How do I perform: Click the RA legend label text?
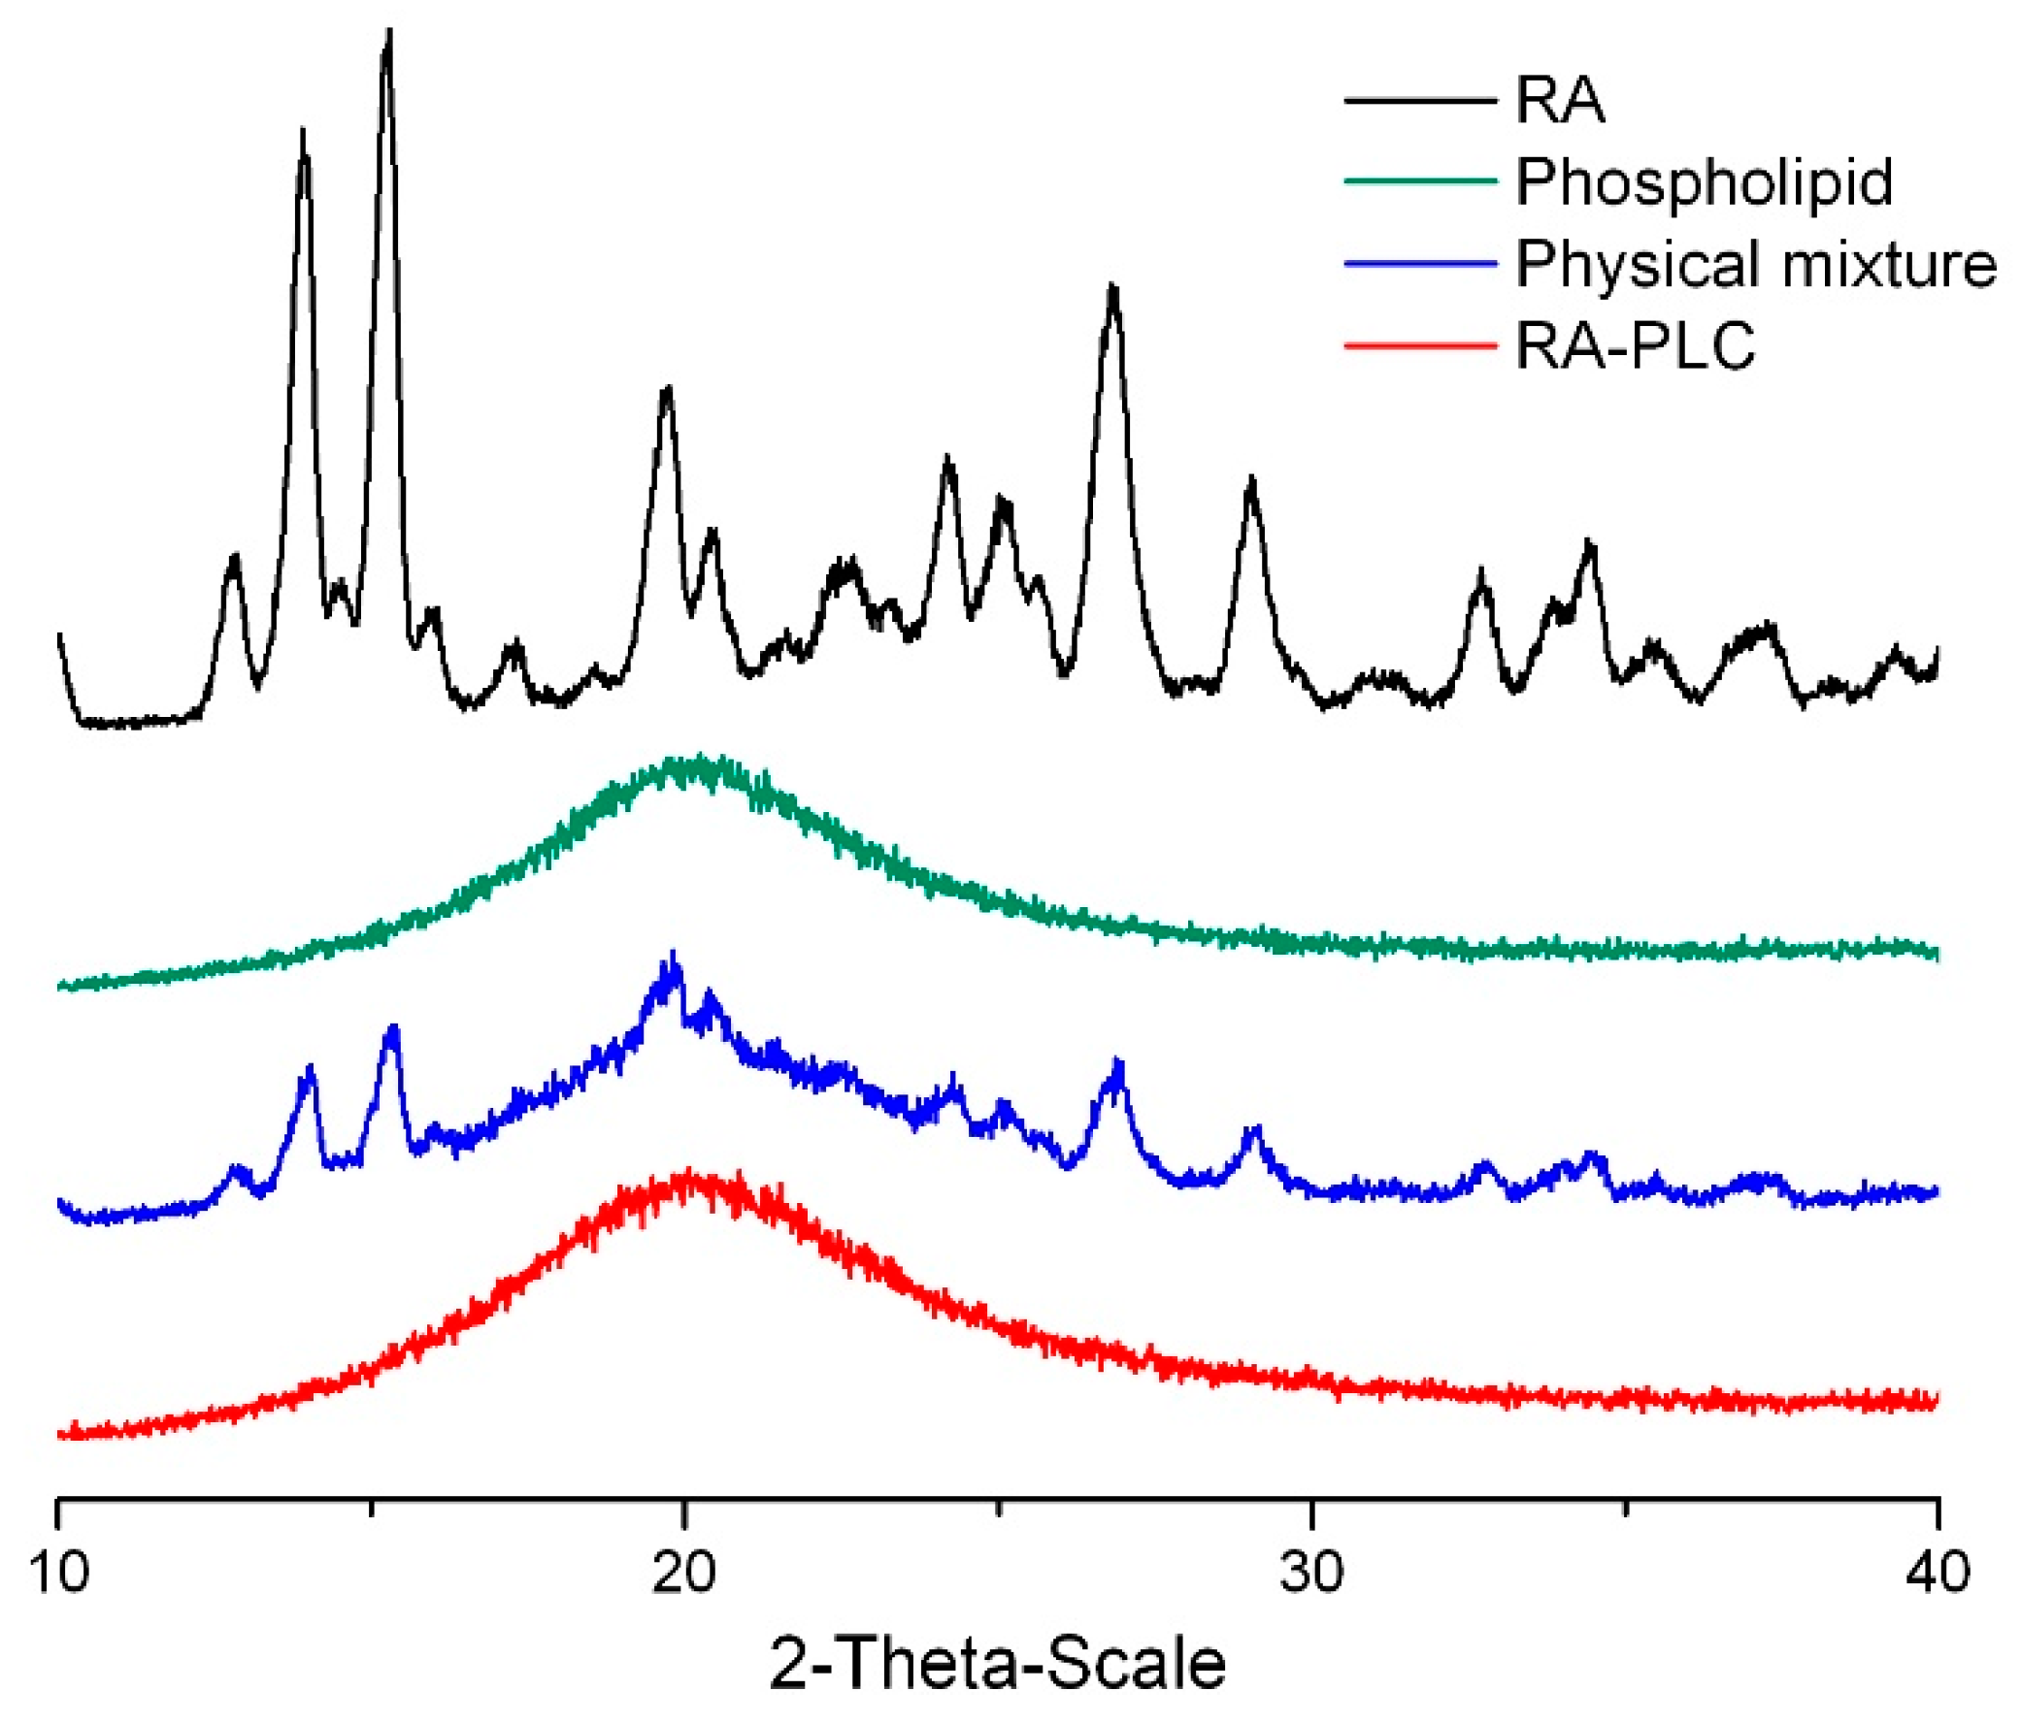tap(1559, 101)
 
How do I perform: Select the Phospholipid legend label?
tap(1703, 182)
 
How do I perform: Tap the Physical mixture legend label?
tap(1756, 263)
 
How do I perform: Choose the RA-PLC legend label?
tap(1635, 345)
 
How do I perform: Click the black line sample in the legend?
tap(1420, 101)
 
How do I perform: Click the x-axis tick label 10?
tap(59, 1572)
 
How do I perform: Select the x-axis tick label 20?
tap(684, 1572)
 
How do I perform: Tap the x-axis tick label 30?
tap(1311, 1572)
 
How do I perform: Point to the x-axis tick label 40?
tap(1938, 1572)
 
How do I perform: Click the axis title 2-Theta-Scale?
tap(997, 1664)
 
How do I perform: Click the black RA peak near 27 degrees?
tap(1112, 289)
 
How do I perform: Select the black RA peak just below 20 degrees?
tap(667, 390)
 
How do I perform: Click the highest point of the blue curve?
tap(672, 955)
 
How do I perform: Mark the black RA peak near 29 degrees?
tap(1252, 481)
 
